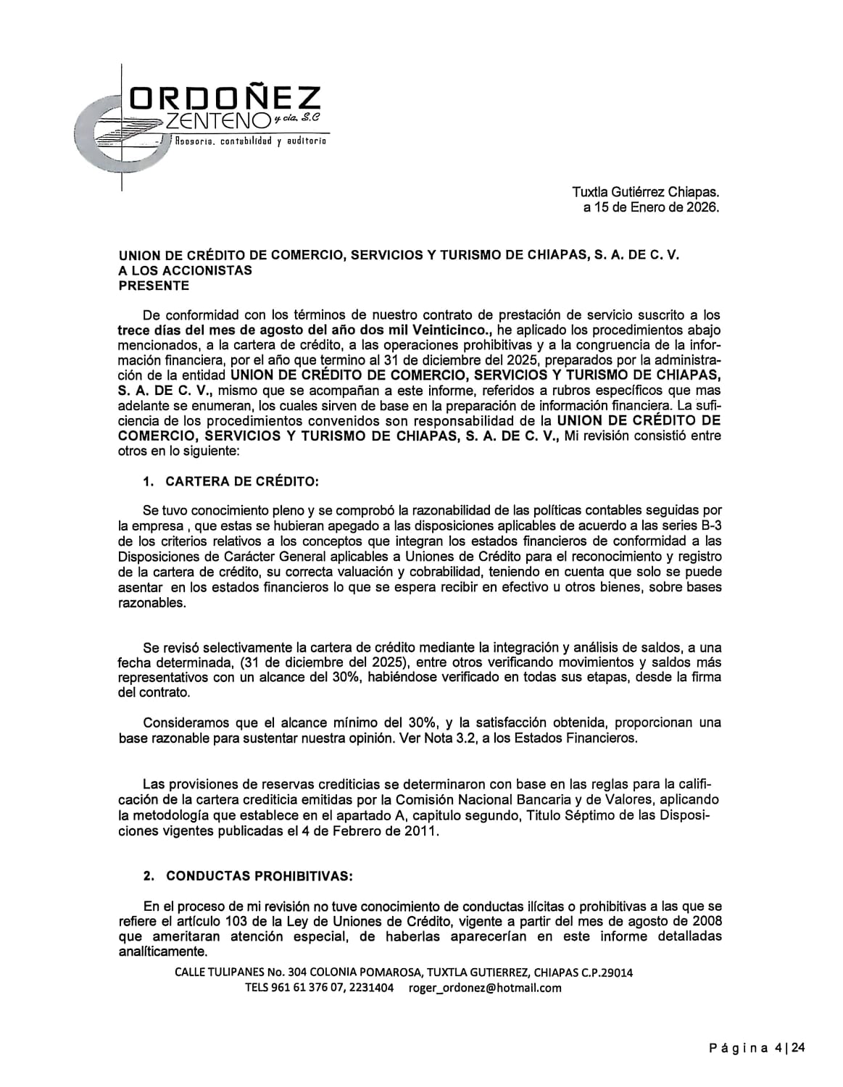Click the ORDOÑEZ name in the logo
225,99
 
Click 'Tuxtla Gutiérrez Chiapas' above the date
645,193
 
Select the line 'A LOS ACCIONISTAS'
186,270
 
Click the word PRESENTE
154,286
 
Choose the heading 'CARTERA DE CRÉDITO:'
242,481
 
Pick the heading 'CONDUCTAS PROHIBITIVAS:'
259,876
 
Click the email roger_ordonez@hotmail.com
485,988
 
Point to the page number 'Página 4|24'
757,1048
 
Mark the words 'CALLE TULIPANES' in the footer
219,973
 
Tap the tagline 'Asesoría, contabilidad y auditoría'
250,141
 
